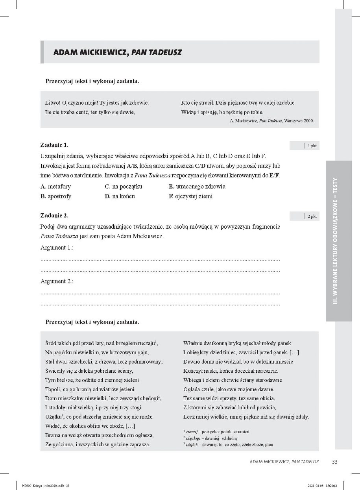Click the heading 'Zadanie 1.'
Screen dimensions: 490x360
coord(54,145)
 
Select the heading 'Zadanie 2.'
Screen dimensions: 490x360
coord(54,216)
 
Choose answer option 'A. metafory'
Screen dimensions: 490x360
coord(56,187)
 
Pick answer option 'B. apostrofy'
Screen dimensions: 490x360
coord(56,196)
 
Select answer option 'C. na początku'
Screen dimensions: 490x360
coord(123,187)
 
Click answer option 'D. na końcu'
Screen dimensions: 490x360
coord(120,196)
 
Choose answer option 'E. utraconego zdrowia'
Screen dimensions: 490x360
coord(197,187)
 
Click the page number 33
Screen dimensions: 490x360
coord(335,462)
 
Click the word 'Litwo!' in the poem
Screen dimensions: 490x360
coord(54,103)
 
